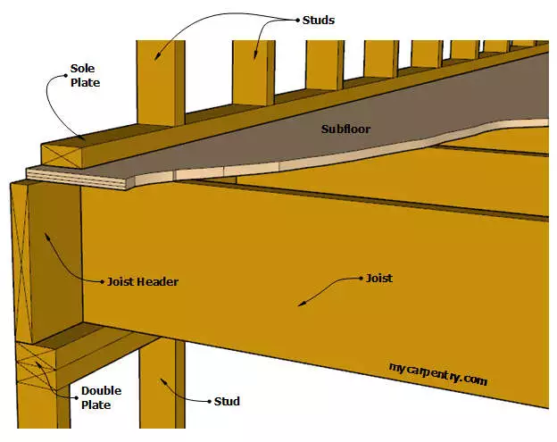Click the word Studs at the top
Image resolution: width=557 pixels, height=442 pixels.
click(317, 20)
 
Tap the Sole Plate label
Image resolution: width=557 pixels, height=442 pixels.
click(86, 74)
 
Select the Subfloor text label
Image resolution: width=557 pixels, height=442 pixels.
click(345, 129)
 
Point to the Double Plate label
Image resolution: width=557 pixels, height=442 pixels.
click(101, 398)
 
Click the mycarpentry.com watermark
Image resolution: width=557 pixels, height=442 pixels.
click(438, 372)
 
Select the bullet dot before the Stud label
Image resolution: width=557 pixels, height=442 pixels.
click(208, 402)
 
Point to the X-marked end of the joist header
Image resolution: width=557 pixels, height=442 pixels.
click(28, 259)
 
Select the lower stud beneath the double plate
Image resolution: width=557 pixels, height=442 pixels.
click(159, 393)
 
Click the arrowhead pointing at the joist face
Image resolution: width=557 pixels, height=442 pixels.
click(301, 304)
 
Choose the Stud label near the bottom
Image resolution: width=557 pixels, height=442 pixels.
click(227, 402)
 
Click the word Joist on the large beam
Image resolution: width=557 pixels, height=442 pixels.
click(378, 279)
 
